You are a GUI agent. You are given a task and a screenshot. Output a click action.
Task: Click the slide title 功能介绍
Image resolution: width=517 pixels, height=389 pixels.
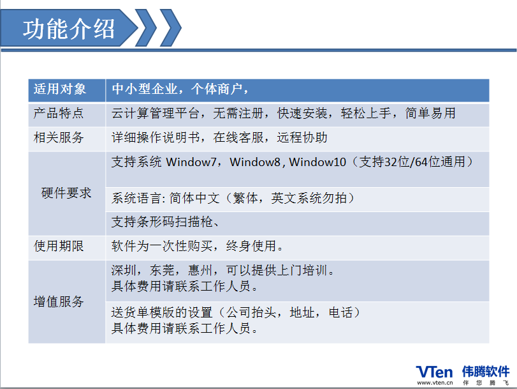69,29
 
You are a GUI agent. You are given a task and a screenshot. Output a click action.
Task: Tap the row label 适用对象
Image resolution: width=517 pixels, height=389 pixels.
60,89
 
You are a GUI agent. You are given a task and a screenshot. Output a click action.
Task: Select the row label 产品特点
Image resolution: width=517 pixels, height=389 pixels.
59,113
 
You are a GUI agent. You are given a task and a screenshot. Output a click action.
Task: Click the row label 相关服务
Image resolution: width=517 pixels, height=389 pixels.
59,137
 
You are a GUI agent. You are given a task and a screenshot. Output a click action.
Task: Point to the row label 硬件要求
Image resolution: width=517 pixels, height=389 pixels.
66,193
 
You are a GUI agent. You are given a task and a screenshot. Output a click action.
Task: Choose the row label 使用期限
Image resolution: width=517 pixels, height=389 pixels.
59,246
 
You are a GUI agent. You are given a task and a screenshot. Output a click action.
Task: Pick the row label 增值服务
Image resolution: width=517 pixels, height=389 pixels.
59,301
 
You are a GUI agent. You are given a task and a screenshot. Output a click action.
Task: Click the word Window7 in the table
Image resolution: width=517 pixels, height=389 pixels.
191,162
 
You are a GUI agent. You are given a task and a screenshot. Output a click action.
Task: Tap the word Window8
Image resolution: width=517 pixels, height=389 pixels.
255,162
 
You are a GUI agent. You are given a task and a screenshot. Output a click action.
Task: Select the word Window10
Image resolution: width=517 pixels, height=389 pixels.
317,162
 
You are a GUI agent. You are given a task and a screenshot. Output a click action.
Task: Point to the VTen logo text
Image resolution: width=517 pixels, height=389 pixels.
434,372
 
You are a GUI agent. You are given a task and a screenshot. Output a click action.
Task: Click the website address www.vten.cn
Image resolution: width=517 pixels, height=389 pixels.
435,383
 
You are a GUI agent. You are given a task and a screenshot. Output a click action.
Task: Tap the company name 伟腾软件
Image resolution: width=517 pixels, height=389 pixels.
486,372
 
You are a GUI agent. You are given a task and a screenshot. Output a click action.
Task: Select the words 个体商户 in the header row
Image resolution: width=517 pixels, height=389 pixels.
216,89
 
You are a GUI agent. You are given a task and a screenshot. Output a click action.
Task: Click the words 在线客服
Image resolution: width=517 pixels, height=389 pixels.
238,137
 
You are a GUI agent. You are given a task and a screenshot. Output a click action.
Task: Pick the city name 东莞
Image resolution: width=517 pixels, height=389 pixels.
162,270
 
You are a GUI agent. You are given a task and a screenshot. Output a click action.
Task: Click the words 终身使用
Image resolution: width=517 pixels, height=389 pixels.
251,246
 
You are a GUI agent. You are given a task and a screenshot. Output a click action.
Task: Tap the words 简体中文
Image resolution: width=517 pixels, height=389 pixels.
194,198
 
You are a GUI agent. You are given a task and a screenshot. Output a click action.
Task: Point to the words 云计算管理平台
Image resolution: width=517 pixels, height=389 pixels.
156,113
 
